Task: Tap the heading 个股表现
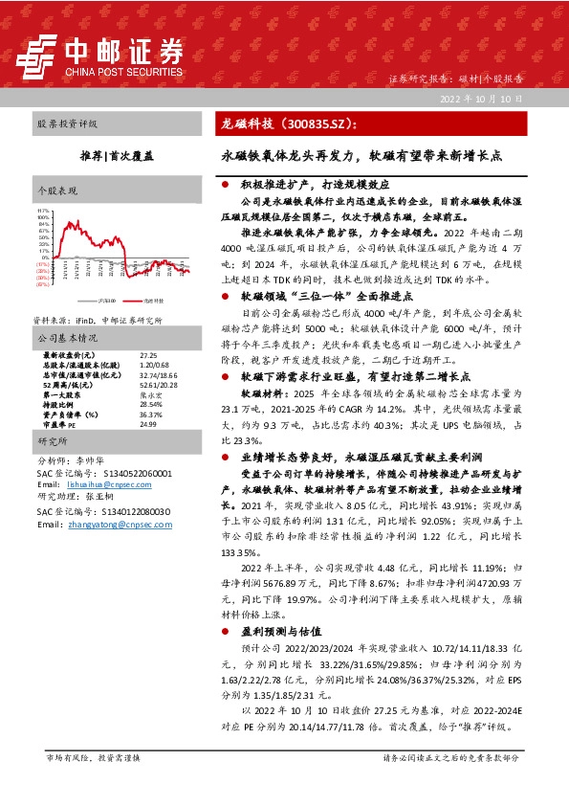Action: click(55, 191)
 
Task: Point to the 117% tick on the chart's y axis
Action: click(42, 210)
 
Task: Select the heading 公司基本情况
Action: click(67, 338)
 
